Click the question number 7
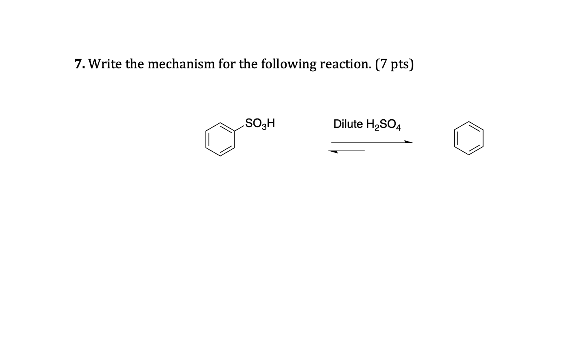tap(79, 64)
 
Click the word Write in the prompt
tap(105, 64)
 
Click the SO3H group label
tap(260, 123)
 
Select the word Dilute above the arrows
tap(348, 124)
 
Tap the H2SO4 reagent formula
tap(384, 124)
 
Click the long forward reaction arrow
tap(372, 142)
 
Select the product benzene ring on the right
tap(468, 138)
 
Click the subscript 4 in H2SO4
tap(398, 127)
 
